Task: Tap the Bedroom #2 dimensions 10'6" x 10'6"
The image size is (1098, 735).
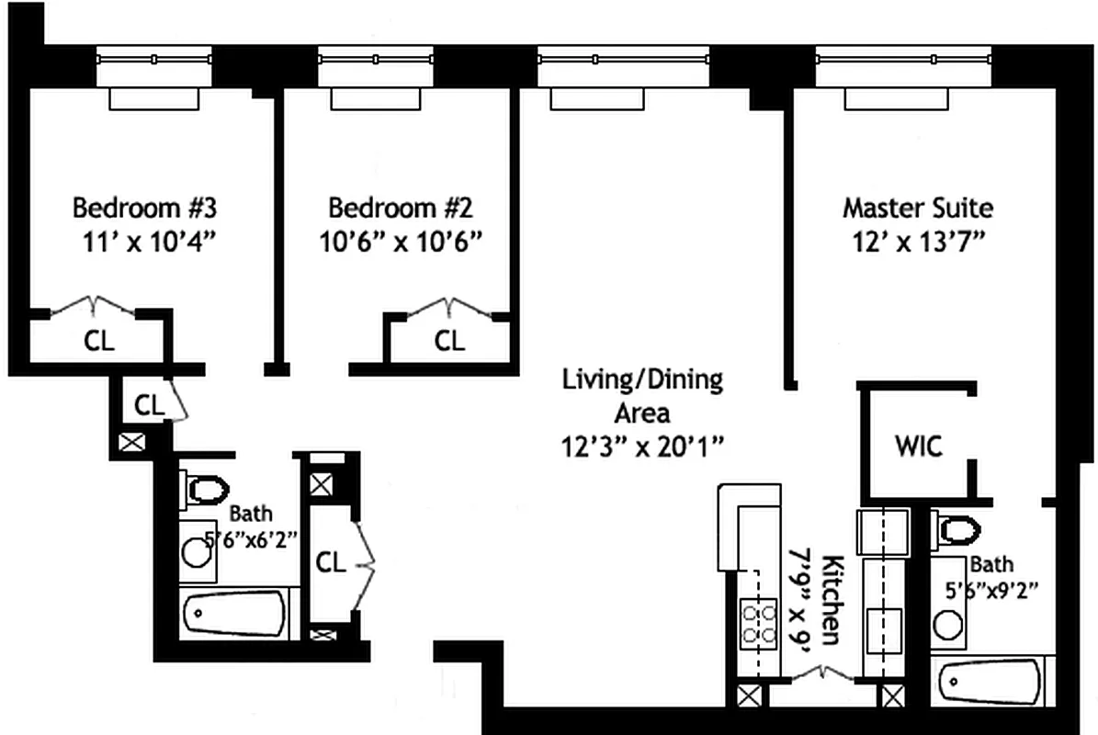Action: click(x=402, y=241)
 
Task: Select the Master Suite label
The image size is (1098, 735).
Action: click(x=917, y=207)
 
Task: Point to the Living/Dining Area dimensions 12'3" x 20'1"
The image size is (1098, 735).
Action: click(x=644, y=447)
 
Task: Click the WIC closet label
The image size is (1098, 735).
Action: click(x=918, y=447)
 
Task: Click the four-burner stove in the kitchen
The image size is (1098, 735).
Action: click(x=758, y=623)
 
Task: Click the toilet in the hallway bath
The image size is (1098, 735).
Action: click(x=205, y=489)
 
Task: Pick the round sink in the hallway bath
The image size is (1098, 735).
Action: click(x=198, y=554)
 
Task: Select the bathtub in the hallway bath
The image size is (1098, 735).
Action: click(x=234, y=613)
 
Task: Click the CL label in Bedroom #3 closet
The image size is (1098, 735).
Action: click(x=99, y=342)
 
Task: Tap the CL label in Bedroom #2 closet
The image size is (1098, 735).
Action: click(x=449, y=342)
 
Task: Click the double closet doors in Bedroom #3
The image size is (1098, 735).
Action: click(x=91, y=306)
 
